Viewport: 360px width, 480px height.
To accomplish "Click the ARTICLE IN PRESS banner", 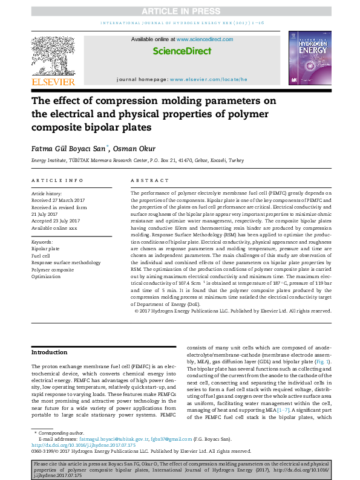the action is point(180,11).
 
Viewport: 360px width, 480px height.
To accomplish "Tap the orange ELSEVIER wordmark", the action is point(53,82).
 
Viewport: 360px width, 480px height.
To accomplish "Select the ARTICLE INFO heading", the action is point(57,180).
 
